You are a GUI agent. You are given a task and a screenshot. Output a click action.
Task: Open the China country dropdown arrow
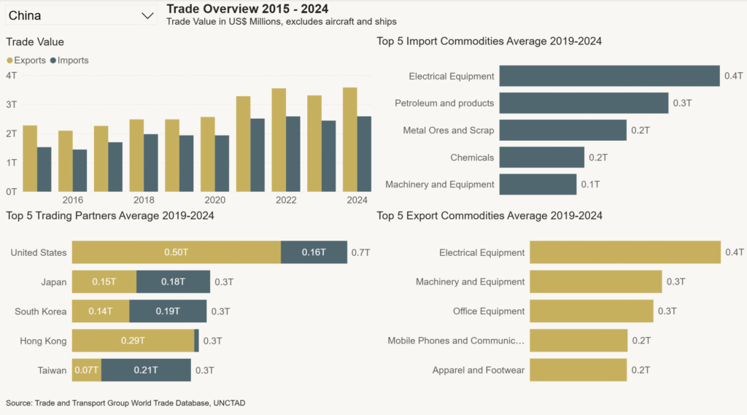[147, 15]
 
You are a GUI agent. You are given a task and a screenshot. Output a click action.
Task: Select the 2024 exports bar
[349, 139]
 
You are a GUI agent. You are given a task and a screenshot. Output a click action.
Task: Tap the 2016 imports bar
[80, 170]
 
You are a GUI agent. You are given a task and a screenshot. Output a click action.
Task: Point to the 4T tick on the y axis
[12, 75]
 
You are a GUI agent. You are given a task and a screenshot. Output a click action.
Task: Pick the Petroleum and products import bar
[584, 103]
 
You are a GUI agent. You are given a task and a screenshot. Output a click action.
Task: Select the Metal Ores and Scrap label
[448, 131]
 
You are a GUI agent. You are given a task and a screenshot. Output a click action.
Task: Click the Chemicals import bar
[541, 158]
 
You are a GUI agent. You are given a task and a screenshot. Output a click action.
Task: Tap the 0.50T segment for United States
[176, 252]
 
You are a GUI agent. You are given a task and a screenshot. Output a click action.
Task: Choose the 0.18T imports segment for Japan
[173, 282]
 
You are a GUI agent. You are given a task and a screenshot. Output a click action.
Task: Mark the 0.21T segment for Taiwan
[146, 370]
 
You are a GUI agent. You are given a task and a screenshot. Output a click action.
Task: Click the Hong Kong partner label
[44, 341]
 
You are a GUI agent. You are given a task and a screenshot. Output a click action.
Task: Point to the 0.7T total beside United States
[360, 252]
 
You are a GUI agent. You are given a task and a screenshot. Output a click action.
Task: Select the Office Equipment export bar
[591, 311]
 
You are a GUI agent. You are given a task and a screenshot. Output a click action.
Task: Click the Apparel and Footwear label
[478, 370]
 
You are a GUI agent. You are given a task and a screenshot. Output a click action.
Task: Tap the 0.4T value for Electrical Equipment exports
[734, 252]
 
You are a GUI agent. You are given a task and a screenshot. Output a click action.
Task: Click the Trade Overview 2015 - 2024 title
[247, 9]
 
